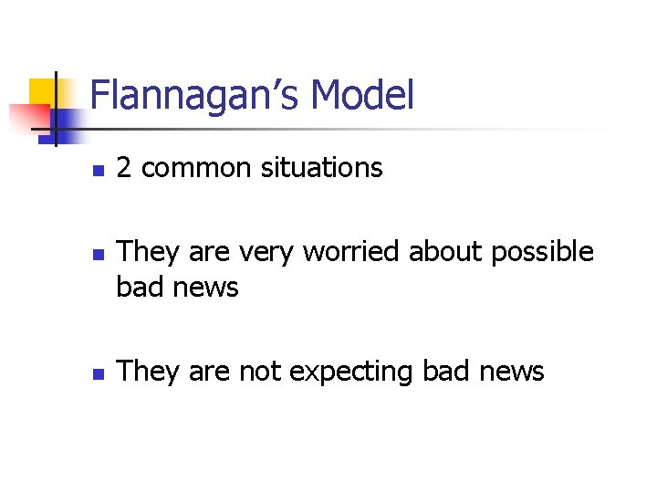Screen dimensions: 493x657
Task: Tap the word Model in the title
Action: (x=362, y=95)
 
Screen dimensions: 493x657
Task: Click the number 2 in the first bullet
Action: (x=125, y=168)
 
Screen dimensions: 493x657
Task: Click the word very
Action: (x=269, y=252)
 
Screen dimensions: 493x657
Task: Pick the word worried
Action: (x=352, y=251)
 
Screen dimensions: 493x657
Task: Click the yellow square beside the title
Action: (x=43, y=91)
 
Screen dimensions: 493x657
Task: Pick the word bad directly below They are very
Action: (x=138, y=288)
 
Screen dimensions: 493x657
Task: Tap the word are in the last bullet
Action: (x=204, y=372)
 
